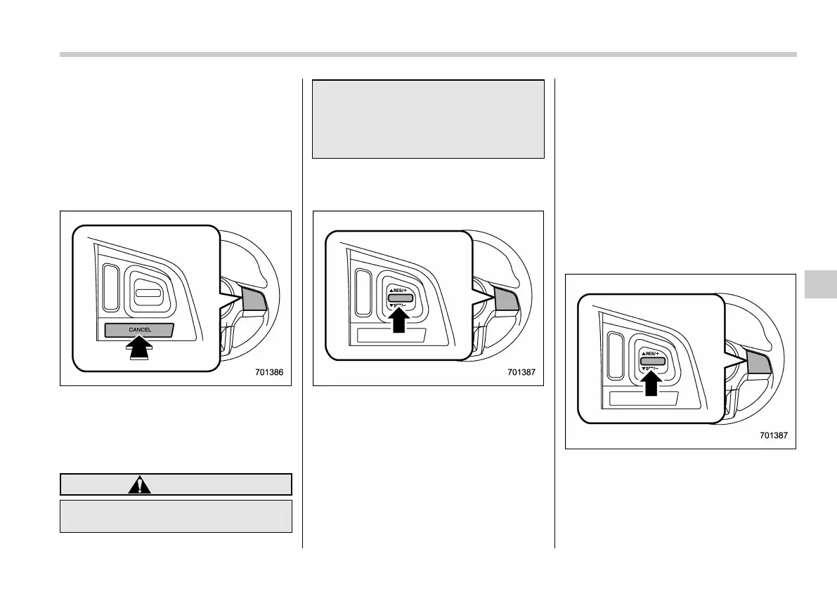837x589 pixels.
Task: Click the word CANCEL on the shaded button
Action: click(x=140, y=329)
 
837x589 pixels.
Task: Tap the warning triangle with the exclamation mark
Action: click(x=140, y=485)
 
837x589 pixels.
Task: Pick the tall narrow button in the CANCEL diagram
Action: click(x=110, y=287)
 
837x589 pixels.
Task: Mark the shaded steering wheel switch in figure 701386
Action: click(x=254, y=300)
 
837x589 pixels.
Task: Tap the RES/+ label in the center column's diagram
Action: click(x=399, y=289)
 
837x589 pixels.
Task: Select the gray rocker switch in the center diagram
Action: click(x=399, y=298)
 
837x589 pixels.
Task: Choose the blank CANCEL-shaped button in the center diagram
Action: click(x=391, y=336)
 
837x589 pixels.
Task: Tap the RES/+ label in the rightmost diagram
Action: click(x=652, y=353)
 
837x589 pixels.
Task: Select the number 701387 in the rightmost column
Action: click(x=774, y=435)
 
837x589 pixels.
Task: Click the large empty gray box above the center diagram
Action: click(x=428, y=119)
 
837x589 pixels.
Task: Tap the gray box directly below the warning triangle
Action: click(x=176, y=516)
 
